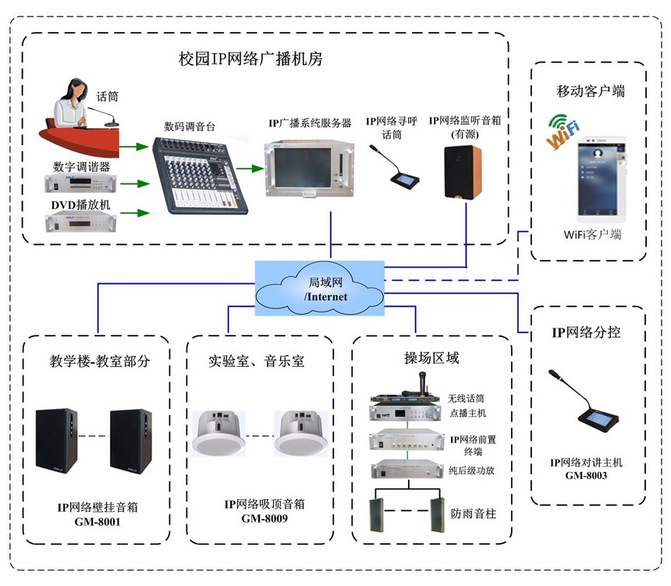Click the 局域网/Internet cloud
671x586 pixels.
320,289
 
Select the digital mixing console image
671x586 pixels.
199,176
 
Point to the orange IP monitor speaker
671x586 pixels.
462,172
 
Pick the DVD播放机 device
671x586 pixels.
80,222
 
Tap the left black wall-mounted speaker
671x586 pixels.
59,440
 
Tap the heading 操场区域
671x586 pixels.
431,358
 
